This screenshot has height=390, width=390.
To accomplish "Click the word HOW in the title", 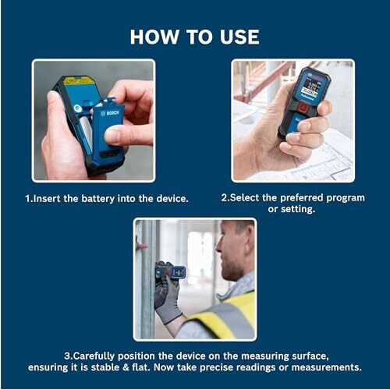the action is click(x=154, y=37).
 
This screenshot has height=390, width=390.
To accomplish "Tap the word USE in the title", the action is click(x=239, y=37).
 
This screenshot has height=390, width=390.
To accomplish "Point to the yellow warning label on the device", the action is click(x=77, y=80).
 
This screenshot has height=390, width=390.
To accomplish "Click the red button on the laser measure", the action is click(x=303, y=107).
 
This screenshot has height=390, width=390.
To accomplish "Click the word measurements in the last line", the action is click(x=327, y=367).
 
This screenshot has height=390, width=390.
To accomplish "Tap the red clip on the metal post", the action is click(x=142, y=246).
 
